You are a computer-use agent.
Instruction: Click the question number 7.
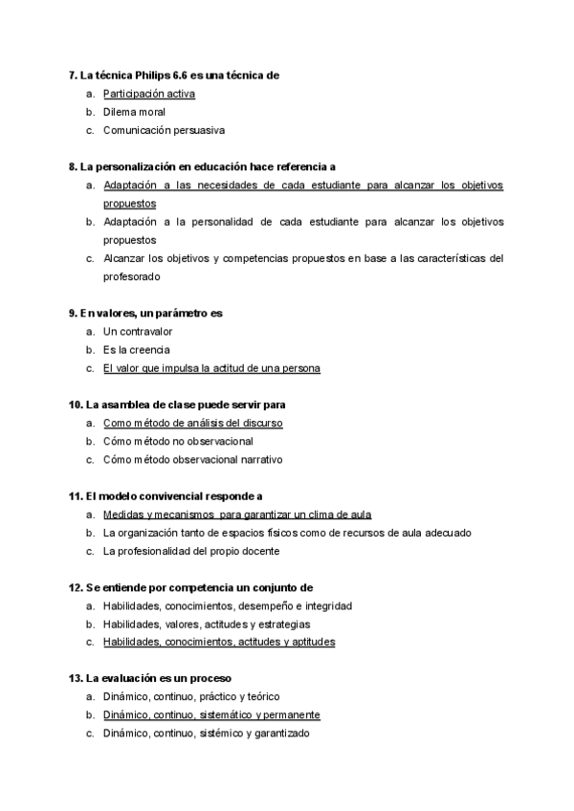tap(73, 75)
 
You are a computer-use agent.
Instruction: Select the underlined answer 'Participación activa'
tap(148, 94)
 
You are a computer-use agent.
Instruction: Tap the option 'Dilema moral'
tap(134, 112)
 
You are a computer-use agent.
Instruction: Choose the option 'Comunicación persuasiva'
tap(164, 130)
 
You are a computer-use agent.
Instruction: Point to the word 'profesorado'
tap(132, 276)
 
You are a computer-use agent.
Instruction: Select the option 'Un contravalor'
tap(138, 331)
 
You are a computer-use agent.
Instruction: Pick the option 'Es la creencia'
tap(136, 349)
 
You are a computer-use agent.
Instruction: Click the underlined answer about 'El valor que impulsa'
tap(211, 368)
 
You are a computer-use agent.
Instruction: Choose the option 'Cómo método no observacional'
tap(178, 441)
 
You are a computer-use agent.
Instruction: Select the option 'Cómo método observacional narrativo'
tap(192, 459)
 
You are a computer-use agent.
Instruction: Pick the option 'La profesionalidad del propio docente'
tap(191, 551)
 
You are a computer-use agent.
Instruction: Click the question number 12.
tap(75, 587)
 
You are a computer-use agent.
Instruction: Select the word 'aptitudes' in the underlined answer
tap(314, 643)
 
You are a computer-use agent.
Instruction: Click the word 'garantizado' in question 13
tap(282, 734)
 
